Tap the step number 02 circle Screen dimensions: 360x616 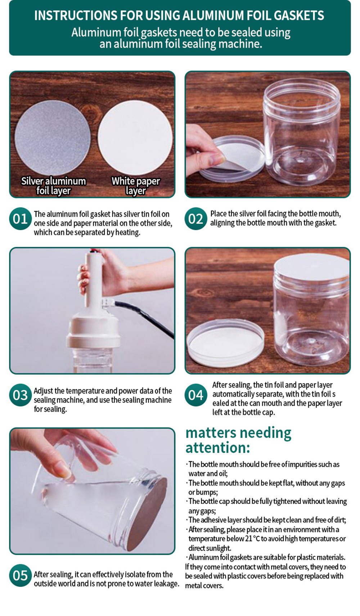click(195, 219)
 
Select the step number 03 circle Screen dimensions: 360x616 click(20, 395)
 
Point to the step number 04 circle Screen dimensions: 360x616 click(195, 395)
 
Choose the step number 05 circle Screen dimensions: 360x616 click(20, 575)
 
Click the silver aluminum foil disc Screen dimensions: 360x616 click(53, 138)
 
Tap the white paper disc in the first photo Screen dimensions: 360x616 click(135, 137)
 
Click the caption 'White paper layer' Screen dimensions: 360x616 click(136, 186)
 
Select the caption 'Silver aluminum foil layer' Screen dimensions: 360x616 click(54, 186)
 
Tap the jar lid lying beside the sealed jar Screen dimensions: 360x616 click(225, 341)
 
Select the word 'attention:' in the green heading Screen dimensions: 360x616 click(217, 448)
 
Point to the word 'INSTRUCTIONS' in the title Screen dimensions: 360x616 click(76, 15)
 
